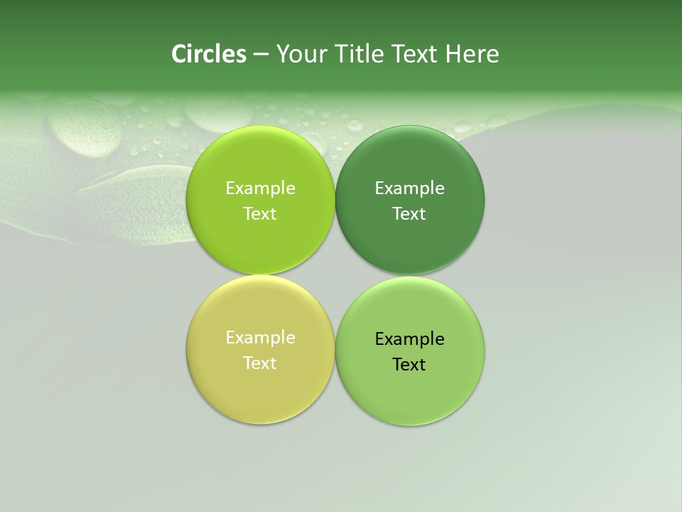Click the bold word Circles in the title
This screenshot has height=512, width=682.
pos(208,54)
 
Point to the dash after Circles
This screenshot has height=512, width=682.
pos(260,55)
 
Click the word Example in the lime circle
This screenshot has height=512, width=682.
pos(260,188)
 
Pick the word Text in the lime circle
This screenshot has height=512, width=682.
pos(260,214)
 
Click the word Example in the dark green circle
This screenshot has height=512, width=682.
pos(409,188)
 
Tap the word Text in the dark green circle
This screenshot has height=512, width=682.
pos(409,214)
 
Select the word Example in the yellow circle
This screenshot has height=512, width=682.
pos(260,338)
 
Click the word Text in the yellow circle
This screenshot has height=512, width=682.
pos(260,363)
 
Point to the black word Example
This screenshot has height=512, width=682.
pos(409,339)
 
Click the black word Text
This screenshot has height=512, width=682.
pos(409,365)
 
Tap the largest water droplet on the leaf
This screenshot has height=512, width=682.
pos(85,128)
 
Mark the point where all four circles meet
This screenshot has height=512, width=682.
pos(335,275)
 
